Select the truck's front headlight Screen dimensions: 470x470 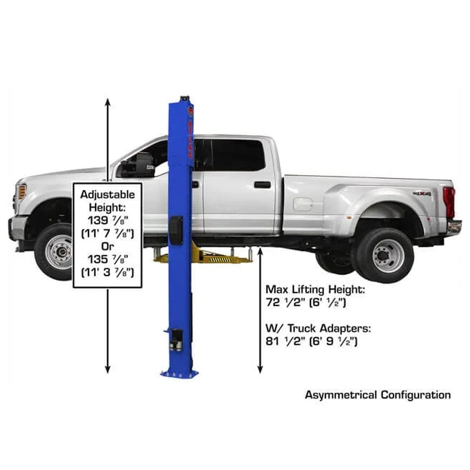pos(21,192)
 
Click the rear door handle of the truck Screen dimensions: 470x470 pos(262,185)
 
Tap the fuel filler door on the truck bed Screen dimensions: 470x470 pos(302,204)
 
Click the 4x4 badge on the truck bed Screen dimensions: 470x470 pos(422,194)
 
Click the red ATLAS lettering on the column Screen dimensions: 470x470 pos(190,136)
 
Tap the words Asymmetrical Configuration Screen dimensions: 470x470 pos(378,395)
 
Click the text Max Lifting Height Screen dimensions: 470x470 pos(315,289)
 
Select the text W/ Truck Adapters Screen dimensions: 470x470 pos(318,328)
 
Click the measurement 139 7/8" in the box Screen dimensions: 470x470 pos(107,221)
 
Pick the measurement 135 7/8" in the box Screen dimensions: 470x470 pos(107,260)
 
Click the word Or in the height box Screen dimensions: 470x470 pos(107,246)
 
